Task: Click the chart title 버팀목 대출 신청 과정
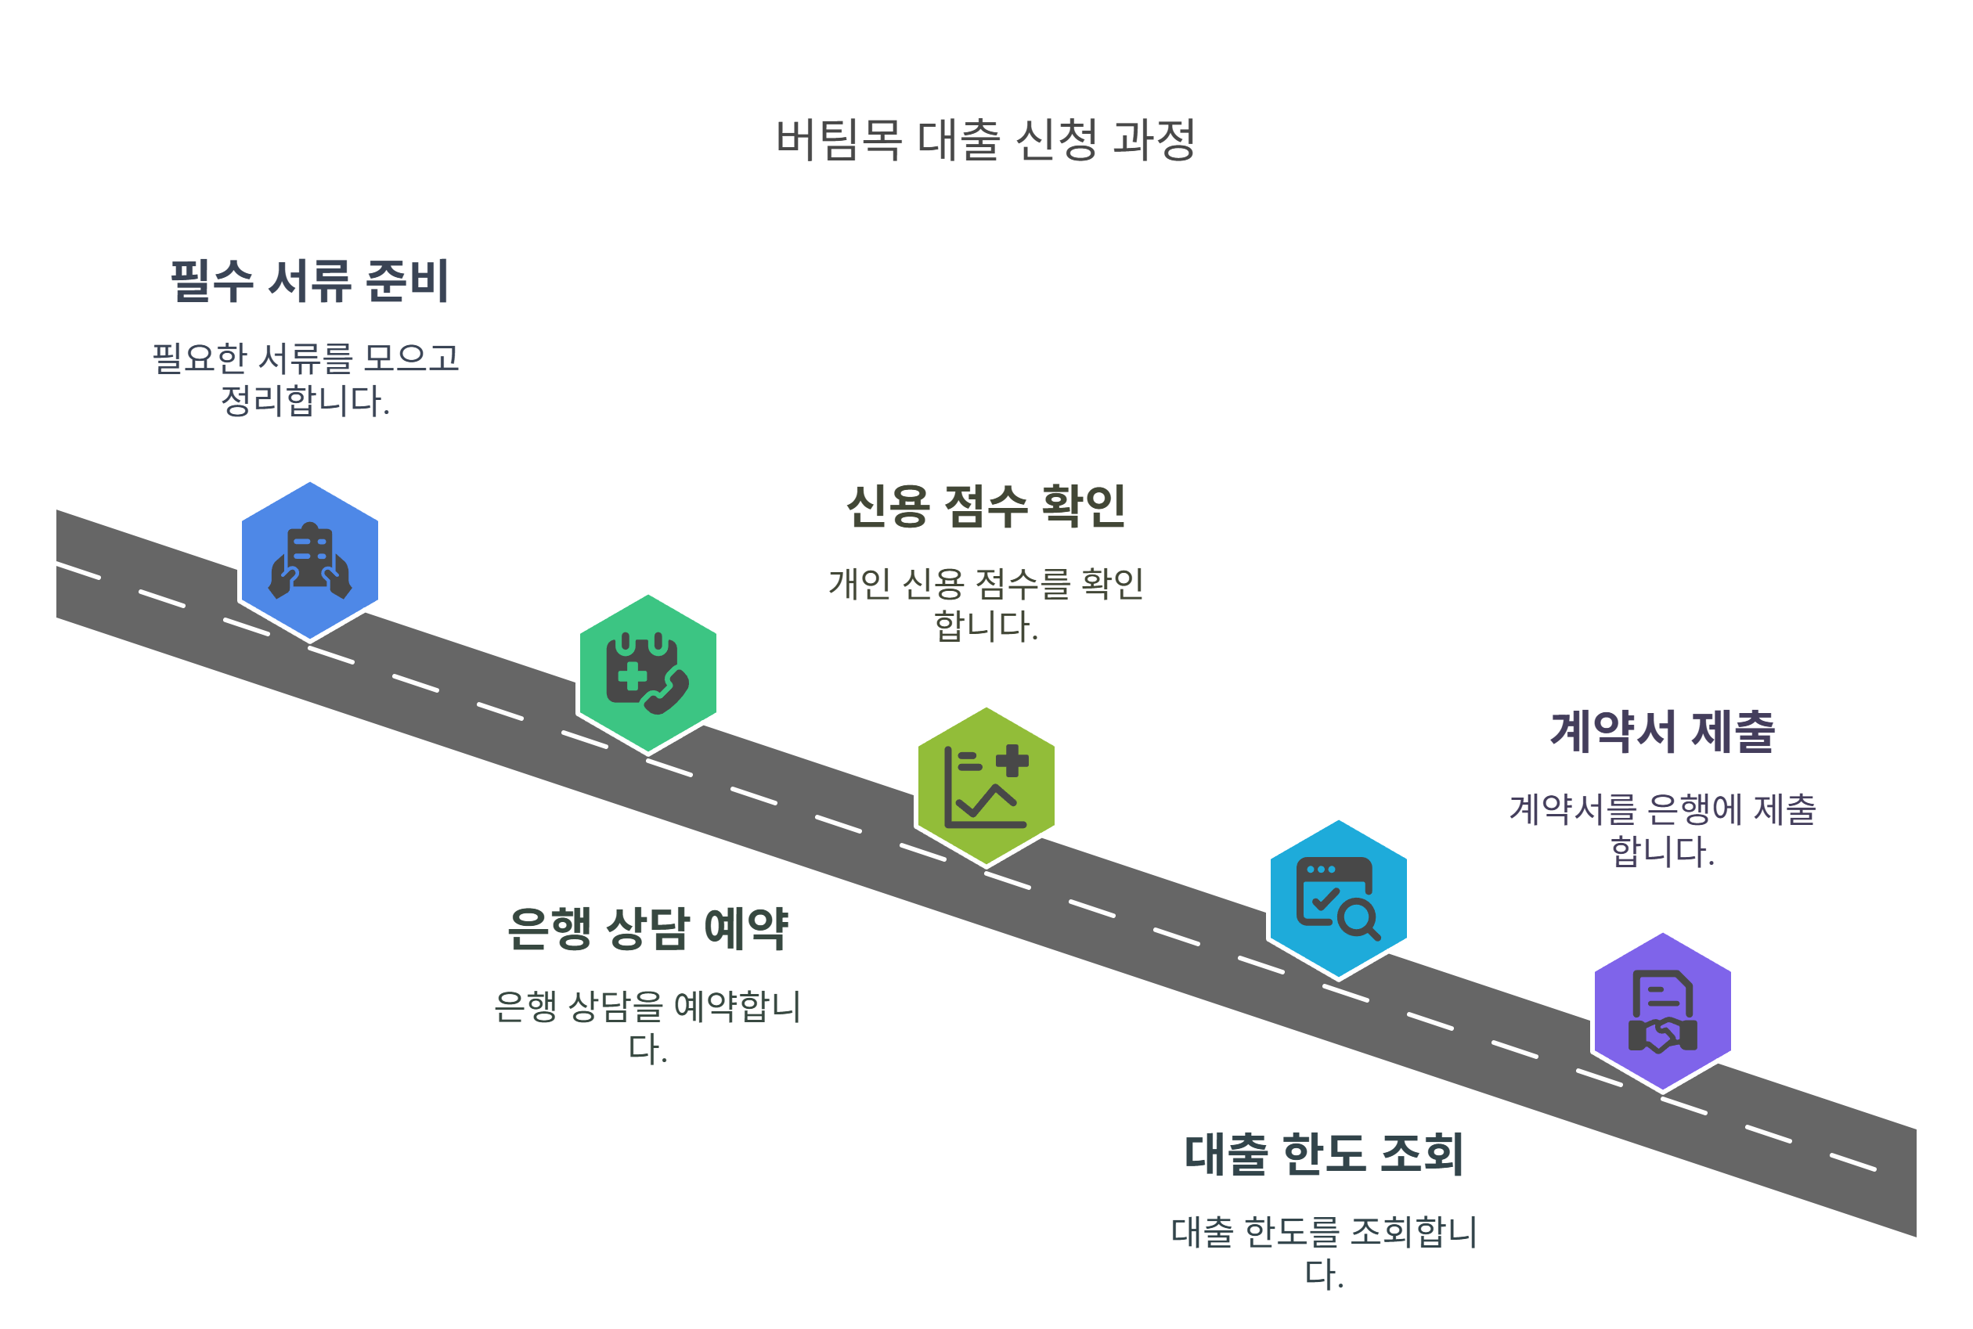(x=985, y=140)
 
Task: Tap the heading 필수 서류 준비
(x=309, y=280)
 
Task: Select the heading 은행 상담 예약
(x=647, y=929)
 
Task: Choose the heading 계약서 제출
(x=1663, y=733)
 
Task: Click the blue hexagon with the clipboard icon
(x=309, y=560)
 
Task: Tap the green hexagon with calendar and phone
(x=647, y=673)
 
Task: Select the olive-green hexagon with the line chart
(x=986, y=786)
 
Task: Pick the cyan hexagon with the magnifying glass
(x=1338, y=899)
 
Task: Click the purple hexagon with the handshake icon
(x=1663, y=1011)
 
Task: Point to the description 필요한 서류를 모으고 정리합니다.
(x=305, y=379)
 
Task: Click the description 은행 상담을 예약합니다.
(x=647, y=1027)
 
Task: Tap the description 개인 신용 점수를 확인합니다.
(x=986, y=604)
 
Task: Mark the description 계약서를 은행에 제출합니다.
(x=1663, y=830)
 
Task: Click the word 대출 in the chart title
(x=959, y=140)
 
